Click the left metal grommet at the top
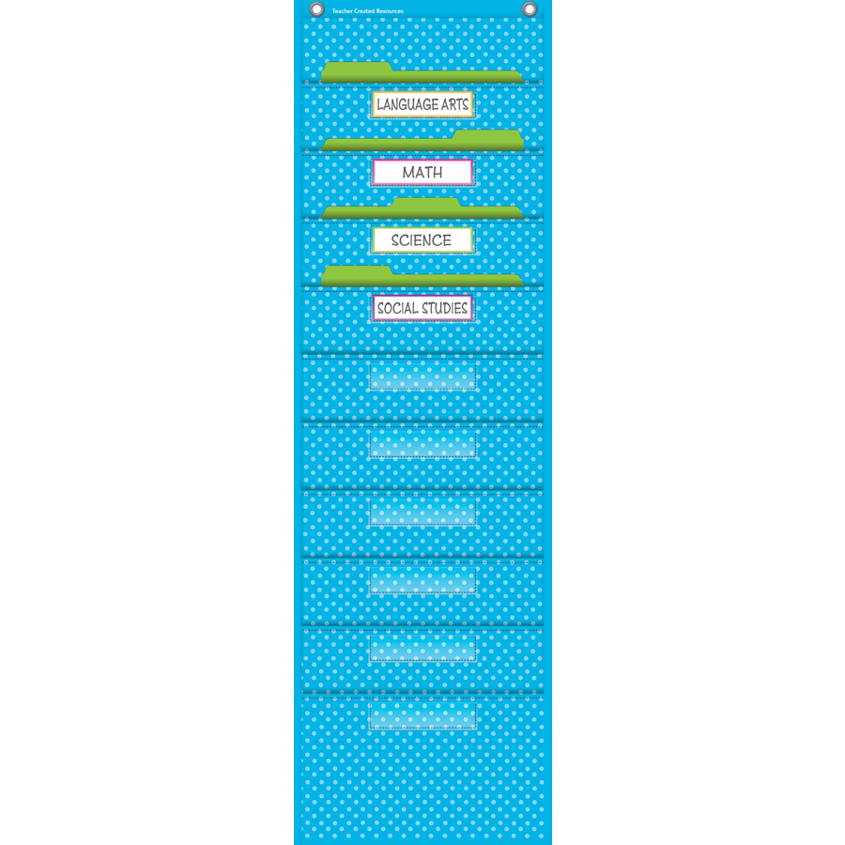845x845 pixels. coord(317,9)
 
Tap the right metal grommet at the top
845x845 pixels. coord(530,9)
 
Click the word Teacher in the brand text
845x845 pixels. coord(342,10)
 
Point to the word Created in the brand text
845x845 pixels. coord(364,10)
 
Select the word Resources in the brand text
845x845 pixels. coord(390,10)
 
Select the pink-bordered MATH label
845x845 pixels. coord(422,172)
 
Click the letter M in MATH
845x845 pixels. coord(408,173)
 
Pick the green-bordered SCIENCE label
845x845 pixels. coord(422,239)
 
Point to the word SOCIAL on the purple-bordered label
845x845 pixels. coord(398,308)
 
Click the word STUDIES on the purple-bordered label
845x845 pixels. coord(445,308)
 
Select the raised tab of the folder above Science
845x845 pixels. coord(426,203)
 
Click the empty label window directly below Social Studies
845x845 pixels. coord(423,376)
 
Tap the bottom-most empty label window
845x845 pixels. coord(423,715)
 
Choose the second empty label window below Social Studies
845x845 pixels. coord(423,444)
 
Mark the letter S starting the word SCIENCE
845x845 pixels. coord(395,240)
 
